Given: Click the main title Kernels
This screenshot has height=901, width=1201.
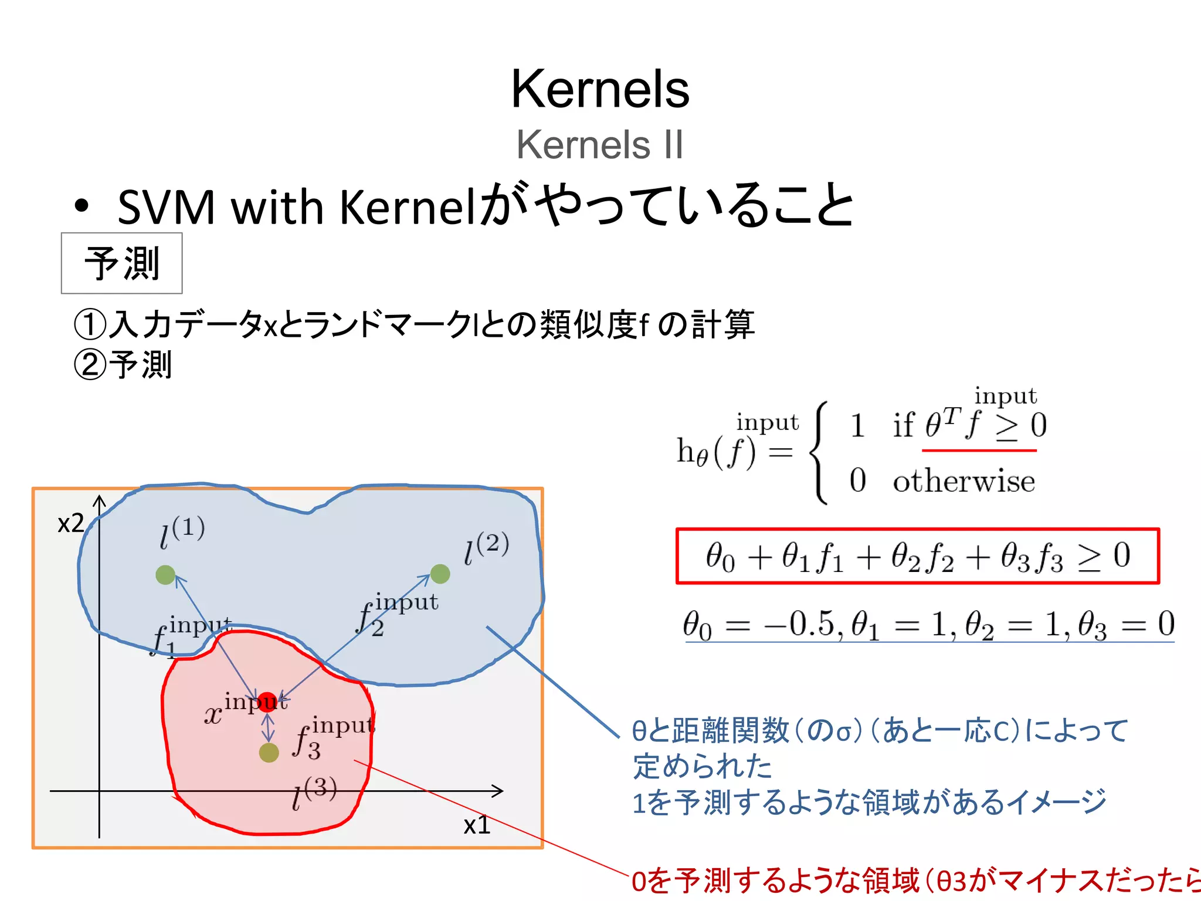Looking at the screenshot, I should [600, 89].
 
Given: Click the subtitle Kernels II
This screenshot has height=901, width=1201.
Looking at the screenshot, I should [600, 144].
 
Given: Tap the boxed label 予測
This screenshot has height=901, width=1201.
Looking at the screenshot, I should [122, 263].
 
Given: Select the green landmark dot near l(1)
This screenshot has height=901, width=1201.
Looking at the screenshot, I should [165, 575].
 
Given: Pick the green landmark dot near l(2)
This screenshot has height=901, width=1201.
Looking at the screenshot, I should [440, 574].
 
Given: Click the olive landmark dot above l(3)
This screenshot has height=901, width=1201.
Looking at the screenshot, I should [269, 753].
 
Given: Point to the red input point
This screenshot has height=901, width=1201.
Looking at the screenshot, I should [267, 702].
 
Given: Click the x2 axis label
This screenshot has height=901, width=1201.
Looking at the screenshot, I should [71, 523].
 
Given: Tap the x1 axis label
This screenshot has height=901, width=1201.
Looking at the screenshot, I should [477, 825].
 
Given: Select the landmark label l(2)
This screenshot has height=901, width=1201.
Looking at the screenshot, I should [486, 548].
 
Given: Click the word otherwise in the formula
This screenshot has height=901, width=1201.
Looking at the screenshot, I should [963, 481].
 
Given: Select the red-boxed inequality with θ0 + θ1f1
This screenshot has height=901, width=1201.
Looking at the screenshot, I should [918, 556].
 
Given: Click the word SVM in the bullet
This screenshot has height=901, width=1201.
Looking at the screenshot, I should [166, 207].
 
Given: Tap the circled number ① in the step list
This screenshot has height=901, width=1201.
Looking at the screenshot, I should [90, 324].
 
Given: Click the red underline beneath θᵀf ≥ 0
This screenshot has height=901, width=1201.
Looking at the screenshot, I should [979, 450].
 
